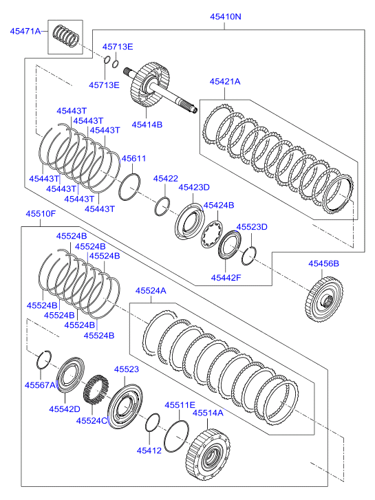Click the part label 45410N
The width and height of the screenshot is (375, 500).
pyautogui.click(x=225, y=17)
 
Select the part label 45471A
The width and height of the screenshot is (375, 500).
pyautogui.click(x=25, y=31)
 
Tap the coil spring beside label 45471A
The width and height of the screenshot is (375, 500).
pyautogui.click(x=65, y=35)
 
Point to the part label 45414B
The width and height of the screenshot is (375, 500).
pyautogui.click(x=147, y=124)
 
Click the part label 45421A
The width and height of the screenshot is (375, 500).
pyautogui.click(x=225, y=82)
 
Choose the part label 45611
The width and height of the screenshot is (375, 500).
pyautogui.click(x=133, y=158)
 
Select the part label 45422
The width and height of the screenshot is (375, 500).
pyautogui.click(x=165, y=179)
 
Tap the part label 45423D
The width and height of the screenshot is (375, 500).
pyautogui.click(x=194, y=188)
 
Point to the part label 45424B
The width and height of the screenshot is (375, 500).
pyautogui.click(x=219, y=206)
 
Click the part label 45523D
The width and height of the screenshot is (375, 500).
pyautogui.click(x=252, y=227)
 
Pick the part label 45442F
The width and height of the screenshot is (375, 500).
pyautogui.click(x=226, y=278)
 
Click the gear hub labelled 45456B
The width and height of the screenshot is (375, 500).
pyautogui.click(x=323, y=299)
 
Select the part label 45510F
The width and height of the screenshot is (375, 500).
pyautogui.click(x=41, y=214)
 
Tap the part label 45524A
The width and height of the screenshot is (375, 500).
pyautogui.click(x=151, y=291)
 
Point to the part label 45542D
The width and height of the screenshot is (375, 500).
pyautogui.click(x=65, y=409)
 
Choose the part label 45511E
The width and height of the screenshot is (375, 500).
pyautogui.click(x=180, y=405)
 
